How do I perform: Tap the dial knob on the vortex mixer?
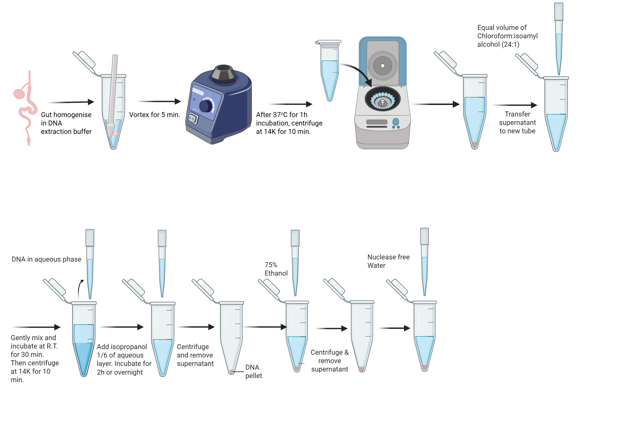click(205, 106)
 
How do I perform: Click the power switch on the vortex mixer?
click(193, 119)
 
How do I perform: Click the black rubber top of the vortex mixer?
click(223, 73)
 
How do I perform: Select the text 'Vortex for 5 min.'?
click(154, 115)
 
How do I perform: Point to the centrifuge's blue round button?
click(396, 121)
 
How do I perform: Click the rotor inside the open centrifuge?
click(383, 99)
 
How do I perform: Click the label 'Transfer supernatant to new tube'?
click(517, 122)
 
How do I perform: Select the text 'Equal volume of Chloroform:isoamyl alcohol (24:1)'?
click(507, 36)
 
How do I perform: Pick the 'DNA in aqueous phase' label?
click(46, 259)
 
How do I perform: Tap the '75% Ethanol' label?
click(276, 269)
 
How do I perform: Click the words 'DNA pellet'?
click(253, 371)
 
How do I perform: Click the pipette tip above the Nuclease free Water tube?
click(425, 274)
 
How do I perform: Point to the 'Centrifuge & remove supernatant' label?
click(329, 361)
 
